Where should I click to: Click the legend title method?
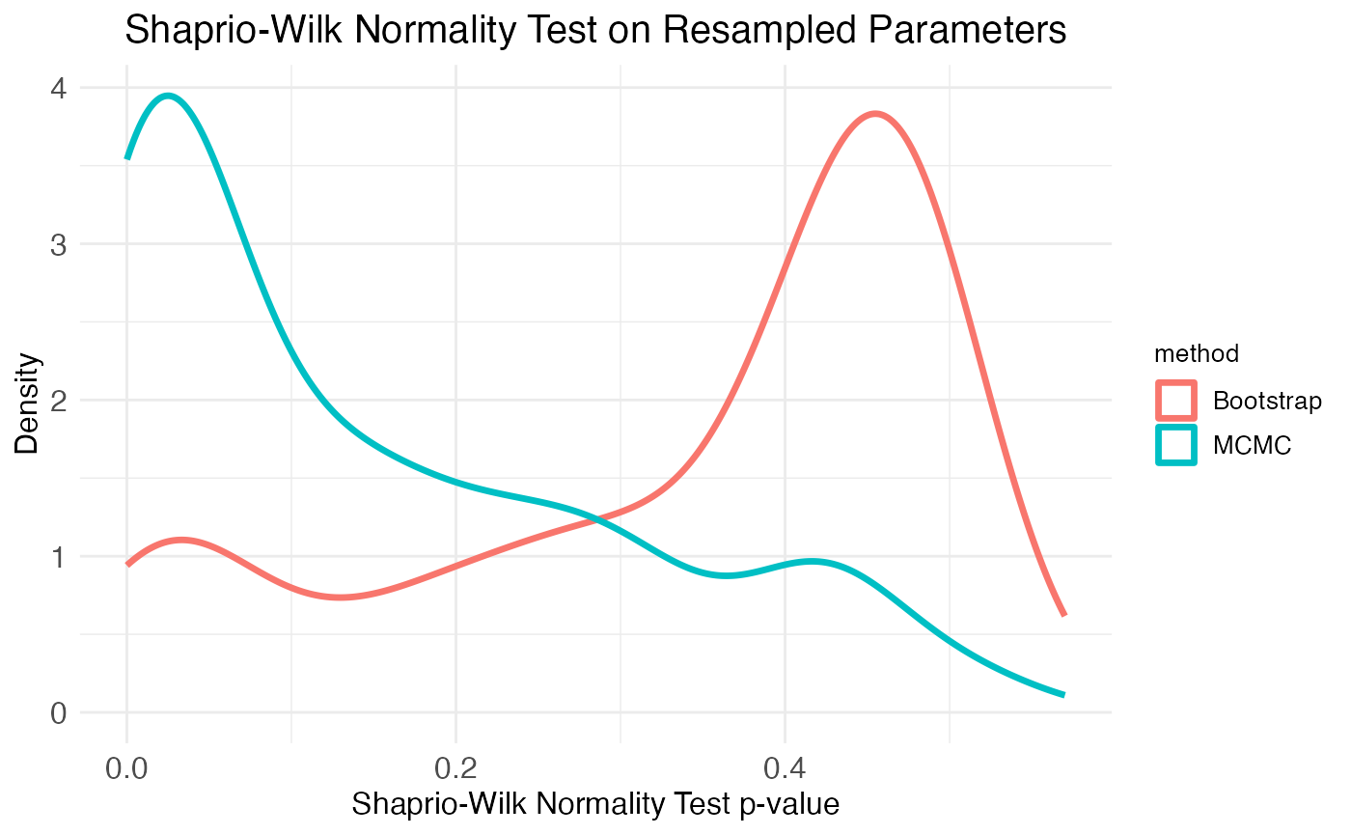coord(1197,354)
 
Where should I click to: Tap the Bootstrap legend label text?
coord(1266,400)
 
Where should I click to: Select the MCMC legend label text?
coord(1252,445)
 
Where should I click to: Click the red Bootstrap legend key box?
coord(1176,400)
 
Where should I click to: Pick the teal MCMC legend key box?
coord(1176,445)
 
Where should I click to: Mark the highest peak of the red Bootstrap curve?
coord(875,114)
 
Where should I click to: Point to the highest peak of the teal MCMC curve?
coord(169,96)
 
